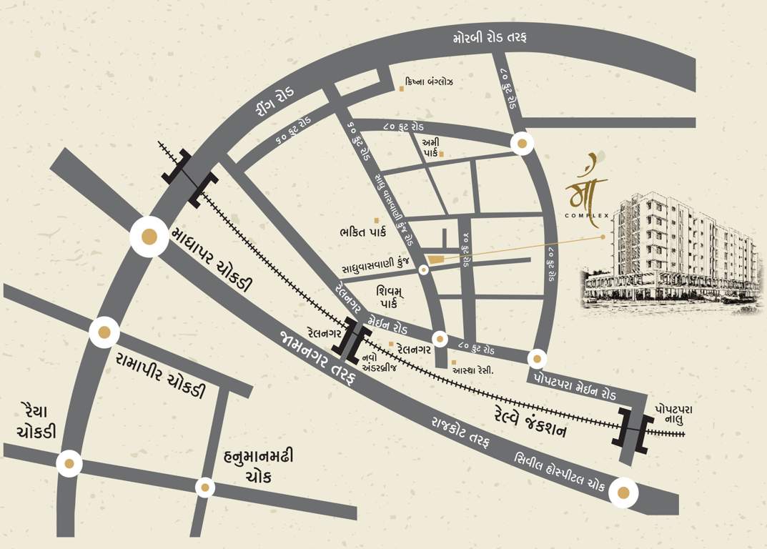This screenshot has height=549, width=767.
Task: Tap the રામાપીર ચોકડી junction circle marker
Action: point(104,332)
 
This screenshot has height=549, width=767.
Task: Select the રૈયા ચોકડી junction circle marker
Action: point(69,463)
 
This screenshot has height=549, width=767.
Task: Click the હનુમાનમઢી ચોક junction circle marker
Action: point(205,488)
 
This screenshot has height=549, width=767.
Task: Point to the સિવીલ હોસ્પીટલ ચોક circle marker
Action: point(623,492)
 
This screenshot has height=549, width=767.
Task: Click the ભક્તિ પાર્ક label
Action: point(362,232)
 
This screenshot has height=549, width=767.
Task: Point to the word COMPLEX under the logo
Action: point(585,216)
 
